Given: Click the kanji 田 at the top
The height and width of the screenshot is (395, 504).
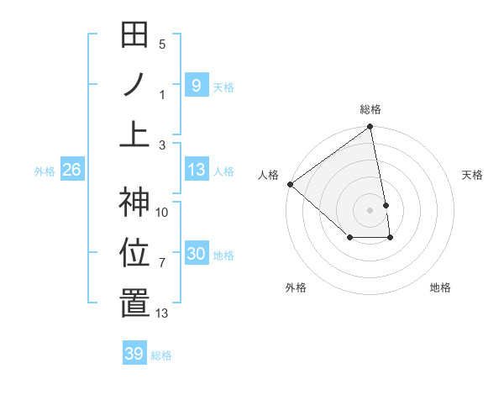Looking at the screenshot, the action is [x=134, y=35].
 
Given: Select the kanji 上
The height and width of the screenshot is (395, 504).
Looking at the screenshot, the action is [x=134, y=134].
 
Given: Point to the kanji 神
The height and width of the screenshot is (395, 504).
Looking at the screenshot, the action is [x=134, y=202].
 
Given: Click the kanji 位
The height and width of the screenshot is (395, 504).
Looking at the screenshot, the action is [x=134, y=252].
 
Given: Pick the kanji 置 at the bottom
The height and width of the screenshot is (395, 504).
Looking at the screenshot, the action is [x=134, y=303].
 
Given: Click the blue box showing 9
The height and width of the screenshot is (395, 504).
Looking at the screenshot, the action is [x=196, y=85].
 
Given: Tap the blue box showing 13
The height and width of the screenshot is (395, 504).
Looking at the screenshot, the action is [x=196, y=170].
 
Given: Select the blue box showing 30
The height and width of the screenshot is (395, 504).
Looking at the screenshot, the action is [x=196, y=254].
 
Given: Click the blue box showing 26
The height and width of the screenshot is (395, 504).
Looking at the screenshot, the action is [x=71, y=170].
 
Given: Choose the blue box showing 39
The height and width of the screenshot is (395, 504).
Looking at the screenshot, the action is [x=134, y=354].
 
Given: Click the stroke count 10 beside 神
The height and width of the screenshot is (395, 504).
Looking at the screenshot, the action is [x=162, y=212].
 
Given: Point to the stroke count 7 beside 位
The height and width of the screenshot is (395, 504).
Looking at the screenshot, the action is [x=162, y=263].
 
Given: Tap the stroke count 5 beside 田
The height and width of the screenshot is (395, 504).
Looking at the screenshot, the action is [x=162, y=44].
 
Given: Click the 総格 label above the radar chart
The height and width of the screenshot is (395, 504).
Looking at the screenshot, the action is [x=370, y=109].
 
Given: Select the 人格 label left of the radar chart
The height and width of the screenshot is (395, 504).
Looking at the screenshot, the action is [x=269, y=175].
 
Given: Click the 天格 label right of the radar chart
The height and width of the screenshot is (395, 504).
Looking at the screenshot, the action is [x=473, y=175].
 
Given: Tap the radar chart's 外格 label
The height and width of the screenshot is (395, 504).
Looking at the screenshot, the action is [x=296, y=287].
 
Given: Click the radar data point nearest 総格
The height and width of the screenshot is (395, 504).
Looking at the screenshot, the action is [x=370, y=127].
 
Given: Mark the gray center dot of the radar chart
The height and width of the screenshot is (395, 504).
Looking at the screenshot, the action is [x=370, y=209].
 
